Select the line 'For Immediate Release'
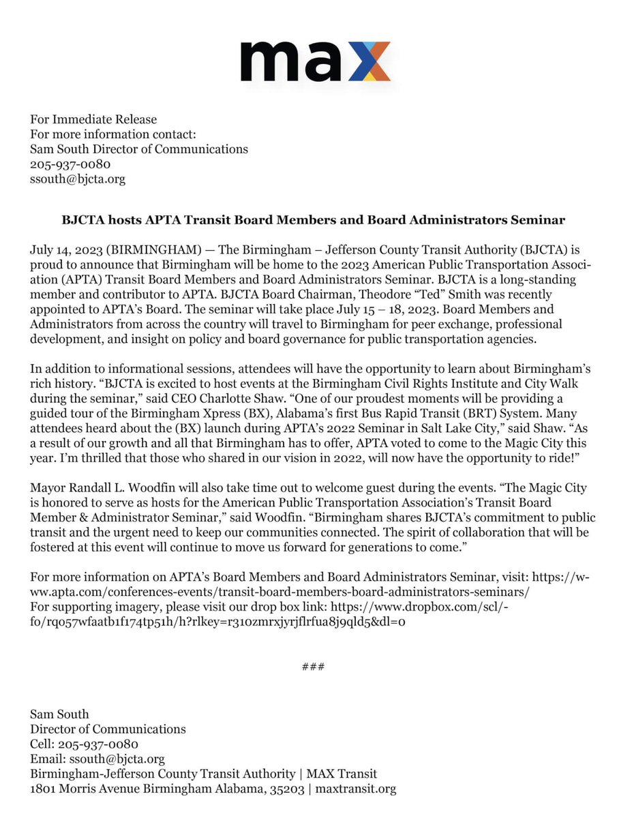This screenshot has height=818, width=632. pos(93,120)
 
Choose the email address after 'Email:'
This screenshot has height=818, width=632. pos(113,759)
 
